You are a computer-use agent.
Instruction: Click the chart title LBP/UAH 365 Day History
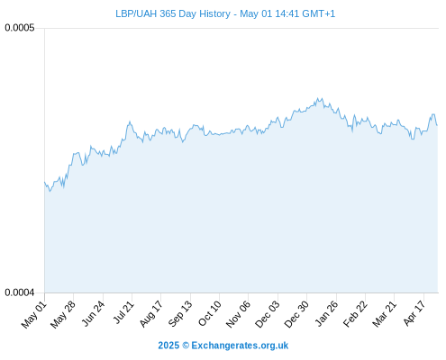click(x=173, y=13)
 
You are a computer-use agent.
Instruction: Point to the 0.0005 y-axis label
click(x=20, y=28)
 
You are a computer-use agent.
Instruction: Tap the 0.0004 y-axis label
click(x=20, y=292)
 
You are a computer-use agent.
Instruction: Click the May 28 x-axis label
click(x=63, y=314)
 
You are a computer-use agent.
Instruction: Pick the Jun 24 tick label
click(x=93, y=314)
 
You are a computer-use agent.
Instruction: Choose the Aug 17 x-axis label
click(x=150, y=314)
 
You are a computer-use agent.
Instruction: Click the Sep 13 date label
click(x=180, y=314)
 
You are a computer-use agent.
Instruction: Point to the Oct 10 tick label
click(x=209, y=314)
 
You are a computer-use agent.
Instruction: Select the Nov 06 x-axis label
click(x=238, y=314)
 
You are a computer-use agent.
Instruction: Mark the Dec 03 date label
click(x=268, y=314)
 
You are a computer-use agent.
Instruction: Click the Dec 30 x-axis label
click(x=296, y=314)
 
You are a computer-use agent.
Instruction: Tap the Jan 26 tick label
click(x=326, y=314)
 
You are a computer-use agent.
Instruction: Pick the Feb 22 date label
click(x=355, y=314)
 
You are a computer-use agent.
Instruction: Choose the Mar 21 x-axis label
click(x=385, y=314)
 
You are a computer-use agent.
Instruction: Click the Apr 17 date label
click(x=414, y=313)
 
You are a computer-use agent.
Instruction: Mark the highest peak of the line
click(x=318, y=98)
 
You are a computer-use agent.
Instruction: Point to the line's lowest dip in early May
click(x=50, y=191)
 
